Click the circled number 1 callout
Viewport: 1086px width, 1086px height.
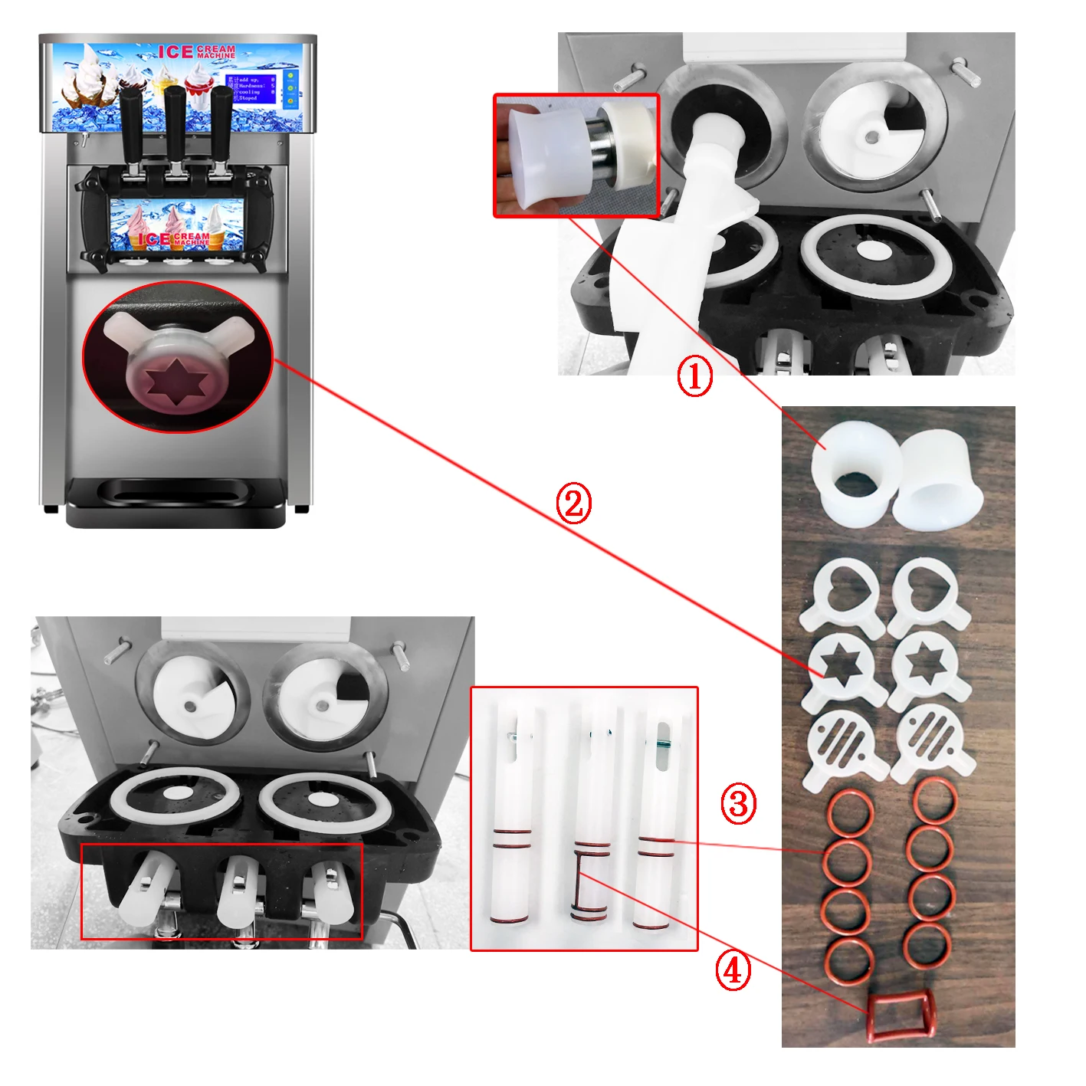point(694,377)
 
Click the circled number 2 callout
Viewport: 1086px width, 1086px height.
point(574,504)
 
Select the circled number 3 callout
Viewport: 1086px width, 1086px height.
point(738,804)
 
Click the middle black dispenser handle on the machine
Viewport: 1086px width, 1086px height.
point(175,123)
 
